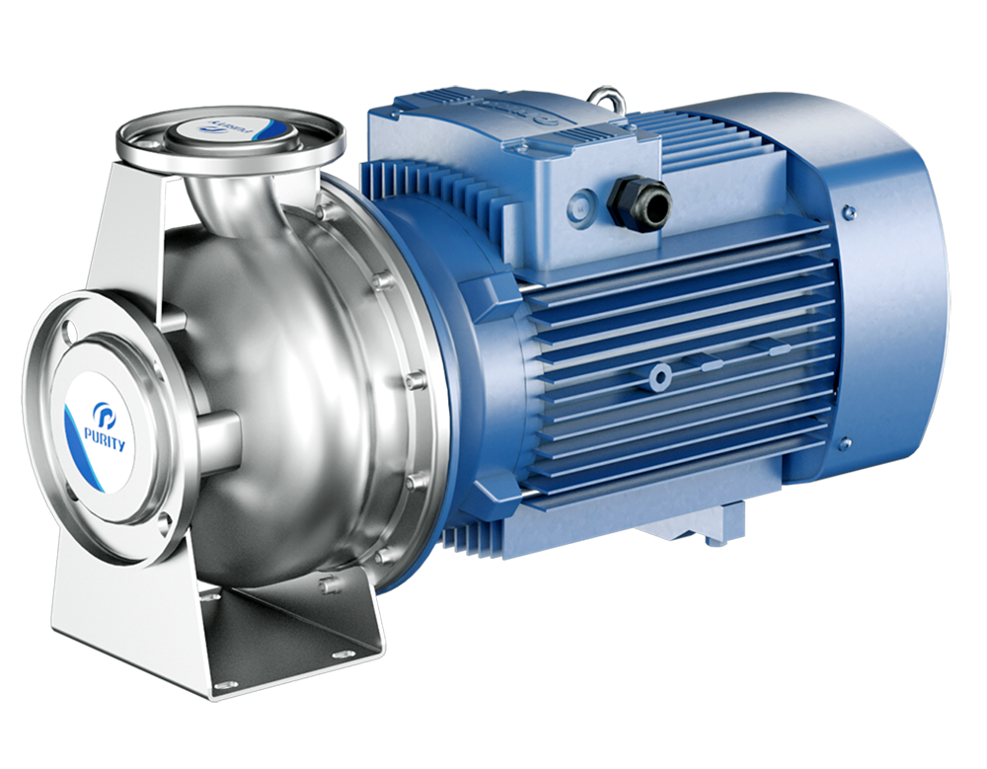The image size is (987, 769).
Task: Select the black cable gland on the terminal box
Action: pyautogui.click(x=638, y=201)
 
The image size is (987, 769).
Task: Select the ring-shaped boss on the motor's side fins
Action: pyautogui.click(x=658, y=374)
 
